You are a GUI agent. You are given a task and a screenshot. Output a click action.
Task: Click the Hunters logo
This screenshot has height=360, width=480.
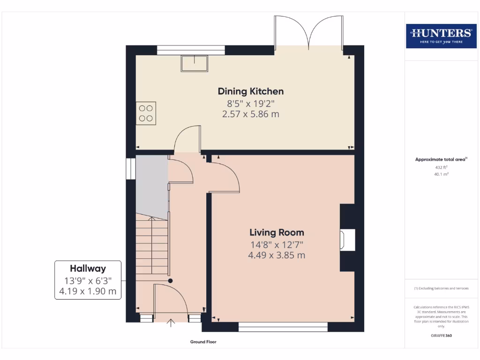coord(441,36)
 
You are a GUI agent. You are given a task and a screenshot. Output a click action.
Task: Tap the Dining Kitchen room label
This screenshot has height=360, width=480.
coord(251,91)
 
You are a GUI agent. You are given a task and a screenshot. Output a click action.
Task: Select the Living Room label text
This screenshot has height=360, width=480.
coord(277,232)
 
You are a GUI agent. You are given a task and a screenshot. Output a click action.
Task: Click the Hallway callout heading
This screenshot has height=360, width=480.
coord(88,269)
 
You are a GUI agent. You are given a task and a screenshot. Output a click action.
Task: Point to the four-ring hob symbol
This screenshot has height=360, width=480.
coord(146,113)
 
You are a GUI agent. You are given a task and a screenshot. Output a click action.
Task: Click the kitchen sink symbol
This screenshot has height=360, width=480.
coord(195,63)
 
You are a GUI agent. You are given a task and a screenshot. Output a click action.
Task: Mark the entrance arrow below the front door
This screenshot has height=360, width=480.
coord(171,322)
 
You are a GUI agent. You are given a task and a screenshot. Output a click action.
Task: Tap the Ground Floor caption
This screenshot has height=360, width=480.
coord(203,342)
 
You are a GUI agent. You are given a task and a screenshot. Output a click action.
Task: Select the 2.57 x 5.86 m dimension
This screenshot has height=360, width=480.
coord(251,114)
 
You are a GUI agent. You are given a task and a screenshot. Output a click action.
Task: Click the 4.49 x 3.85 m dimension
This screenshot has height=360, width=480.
coord(277,255)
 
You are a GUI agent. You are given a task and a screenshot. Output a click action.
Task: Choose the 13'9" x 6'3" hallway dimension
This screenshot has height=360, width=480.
coord(88,281)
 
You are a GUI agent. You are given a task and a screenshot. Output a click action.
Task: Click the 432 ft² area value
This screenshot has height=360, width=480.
coord(441,167)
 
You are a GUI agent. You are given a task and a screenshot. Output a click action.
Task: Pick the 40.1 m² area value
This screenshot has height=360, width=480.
coord(441,174)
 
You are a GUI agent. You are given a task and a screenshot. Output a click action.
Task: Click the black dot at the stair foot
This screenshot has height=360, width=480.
coord(170,281)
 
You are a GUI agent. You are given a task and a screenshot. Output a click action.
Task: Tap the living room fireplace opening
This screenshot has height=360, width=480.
coord(347,240)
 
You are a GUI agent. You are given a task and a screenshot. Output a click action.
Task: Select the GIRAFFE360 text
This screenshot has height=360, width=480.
coord(441,336)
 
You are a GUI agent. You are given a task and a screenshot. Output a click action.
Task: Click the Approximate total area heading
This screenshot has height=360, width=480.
coord(441,159)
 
